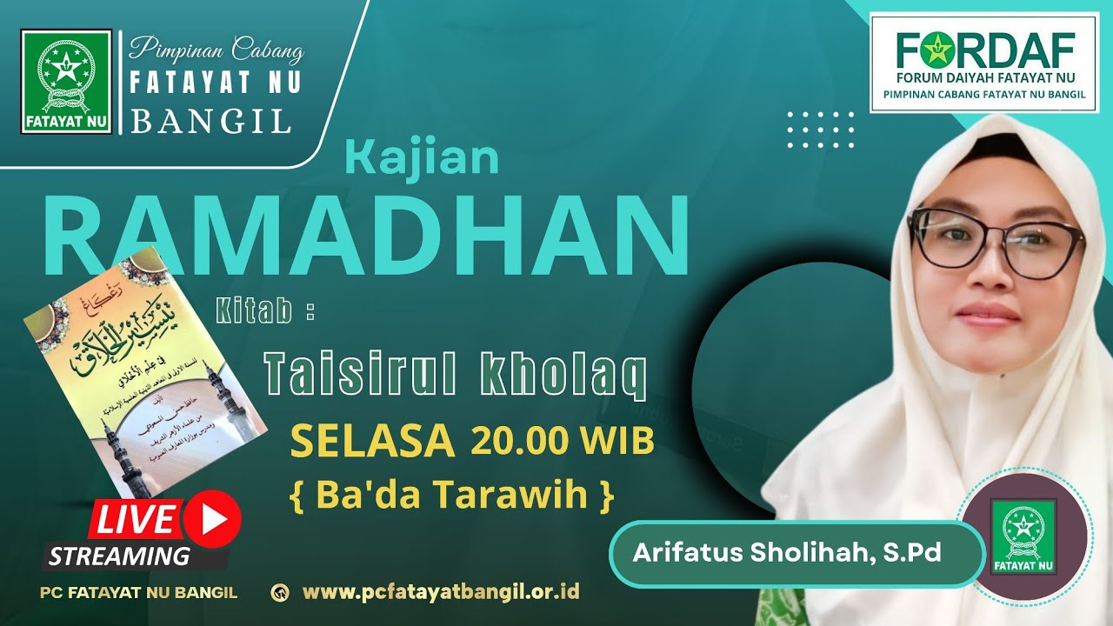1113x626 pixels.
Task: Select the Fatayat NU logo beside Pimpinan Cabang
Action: click(x=67, y=82)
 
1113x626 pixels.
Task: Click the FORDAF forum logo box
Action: click(x=984, y=62)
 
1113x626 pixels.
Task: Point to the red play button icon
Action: click(x=212, y=519)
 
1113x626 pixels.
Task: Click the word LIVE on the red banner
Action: click(x=134, y=519)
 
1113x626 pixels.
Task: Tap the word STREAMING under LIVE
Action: click(x=119, y=556)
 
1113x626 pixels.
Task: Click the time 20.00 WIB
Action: click(x=562, y=442)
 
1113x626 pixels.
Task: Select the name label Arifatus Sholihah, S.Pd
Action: click(x=787, y=553)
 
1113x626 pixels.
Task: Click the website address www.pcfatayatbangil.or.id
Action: click(x=441, y=593)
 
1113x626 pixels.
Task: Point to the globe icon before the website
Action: click(x=281, y=593)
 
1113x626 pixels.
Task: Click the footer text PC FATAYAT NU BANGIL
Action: click(x=138, y=593)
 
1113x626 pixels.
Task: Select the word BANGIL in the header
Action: click(x=210, y=121)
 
